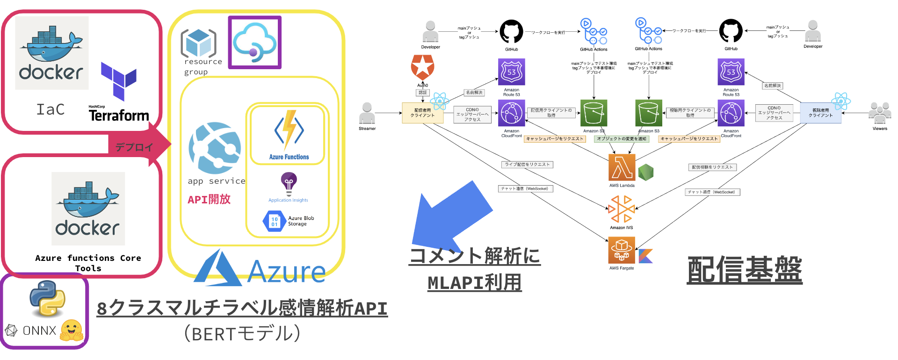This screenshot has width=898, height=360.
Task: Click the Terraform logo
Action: click(119, 80)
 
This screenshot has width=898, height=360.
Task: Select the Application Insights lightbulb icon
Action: click(289, 184)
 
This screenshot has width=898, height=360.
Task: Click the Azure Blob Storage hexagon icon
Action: click(274, 222)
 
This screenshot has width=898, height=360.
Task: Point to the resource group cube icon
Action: click(199, 43)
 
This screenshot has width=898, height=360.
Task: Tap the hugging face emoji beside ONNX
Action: click(72, 330)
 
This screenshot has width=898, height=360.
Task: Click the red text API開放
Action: click(209, 200)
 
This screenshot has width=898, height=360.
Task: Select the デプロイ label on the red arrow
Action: click(134, 147)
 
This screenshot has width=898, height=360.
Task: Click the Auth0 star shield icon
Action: click(422, 67)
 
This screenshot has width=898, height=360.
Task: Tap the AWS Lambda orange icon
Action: click(622, 167)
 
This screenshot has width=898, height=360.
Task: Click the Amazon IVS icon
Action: click(621, 209)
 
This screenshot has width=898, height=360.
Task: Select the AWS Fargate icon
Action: click(621, 250)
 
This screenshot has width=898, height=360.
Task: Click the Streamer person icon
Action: click(367, 113)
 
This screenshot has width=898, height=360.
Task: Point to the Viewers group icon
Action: click(879, 113)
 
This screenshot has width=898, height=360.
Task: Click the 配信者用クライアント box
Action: click(422, 113)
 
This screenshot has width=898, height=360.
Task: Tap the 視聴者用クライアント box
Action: click(820, 113)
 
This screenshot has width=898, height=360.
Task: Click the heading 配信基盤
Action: click(744, 270)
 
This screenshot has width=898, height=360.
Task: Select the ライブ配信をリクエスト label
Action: click(527, 165)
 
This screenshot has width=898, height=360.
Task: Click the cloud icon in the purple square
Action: click(254, 42)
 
